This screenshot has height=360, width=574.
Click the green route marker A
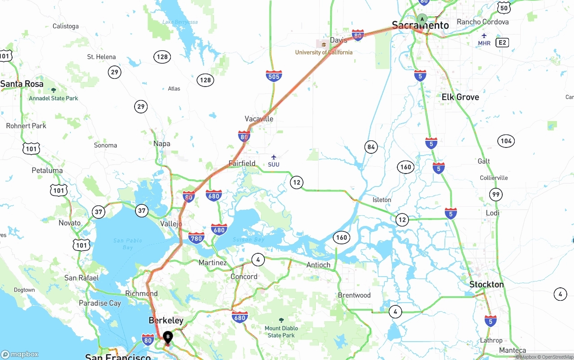[422, 19]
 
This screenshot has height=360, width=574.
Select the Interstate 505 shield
[274, 76]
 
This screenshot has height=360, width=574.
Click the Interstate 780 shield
[196, 238]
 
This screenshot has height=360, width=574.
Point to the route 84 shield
[371, 147]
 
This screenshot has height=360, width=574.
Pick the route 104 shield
[506, 141]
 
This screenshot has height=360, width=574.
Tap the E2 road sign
[502, 43]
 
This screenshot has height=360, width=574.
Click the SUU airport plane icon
[274, 157]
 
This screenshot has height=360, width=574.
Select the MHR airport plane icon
[484, 36]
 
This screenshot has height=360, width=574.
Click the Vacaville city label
[259, 119]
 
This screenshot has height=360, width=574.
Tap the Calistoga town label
[65, 26]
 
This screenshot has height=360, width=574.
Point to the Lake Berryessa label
[180, 22]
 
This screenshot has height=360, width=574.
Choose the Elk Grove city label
[460, 97]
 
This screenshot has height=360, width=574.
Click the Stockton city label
[487, 284]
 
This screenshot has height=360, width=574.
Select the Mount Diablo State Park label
[281, 332]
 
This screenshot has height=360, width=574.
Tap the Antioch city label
[318, 265]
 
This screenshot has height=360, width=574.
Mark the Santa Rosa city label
[22, 84]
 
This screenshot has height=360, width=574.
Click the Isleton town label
[382, 200]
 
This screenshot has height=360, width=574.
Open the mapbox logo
[20, 354]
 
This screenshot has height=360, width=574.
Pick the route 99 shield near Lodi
[496, 194]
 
